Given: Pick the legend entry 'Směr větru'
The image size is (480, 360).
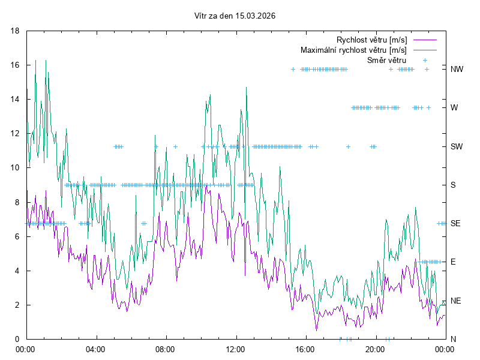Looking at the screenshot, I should pyautogui.click(x=386, y=60).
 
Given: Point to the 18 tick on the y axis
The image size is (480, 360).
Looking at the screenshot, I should pyautogui.click(x=16, y=31).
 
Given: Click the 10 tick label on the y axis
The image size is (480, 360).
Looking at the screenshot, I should pyautogui.click(x=16, y=167).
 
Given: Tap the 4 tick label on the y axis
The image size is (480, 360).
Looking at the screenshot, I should pyautogui.click(x=19, y=271).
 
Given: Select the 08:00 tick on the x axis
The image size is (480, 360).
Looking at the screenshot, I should pyautogui.click(x=165, y=349).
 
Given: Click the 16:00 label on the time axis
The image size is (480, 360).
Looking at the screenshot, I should pyautogui.click(x=305, y=349).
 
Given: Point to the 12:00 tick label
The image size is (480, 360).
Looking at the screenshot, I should pyautogui.click(x=235, y=349).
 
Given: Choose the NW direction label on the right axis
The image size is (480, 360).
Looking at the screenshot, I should pyautogui.click(x=457, y=69).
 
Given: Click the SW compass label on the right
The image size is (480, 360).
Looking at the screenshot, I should pyautogui.click(x=457, y=146).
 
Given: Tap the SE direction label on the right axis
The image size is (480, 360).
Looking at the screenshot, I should pyautogui.click(x=455, y=223).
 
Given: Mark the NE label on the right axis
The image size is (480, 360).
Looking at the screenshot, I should pyautogui.click(x=455, y=301).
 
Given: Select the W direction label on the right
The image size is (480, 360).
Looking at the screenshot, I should pyautogui.click(x=454, y=108).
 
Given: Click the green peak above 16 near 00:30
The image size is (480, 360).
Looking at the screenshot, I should pyautogui.click(x=36, y=60).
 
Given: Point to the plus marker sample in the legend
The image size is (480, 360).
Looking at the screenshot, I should pyautogui.click(x=425, y=60).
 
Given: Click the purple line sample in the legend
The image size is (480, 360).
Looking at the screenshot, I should pyautogui.click(x=424, y=40).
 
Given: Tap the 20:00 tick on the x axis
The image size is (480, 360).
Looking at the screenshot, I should pyautogui.click(x=375, y=349).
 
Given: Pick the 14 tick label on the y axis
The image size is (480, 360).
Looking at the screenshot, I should pyautogui.click(x=16, y=99).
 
